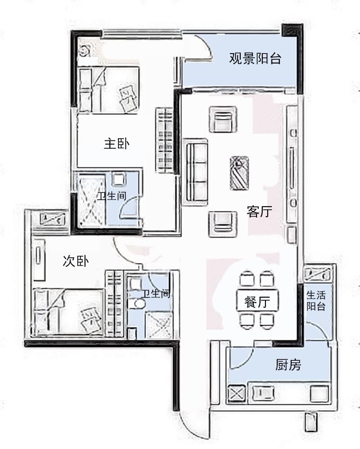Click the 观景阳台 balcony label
tap(255, 59)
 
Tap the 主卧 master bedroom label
tap(117, 144)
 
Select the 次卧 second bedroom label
tap(76, 261)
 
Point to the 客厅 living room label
tap(259, 212)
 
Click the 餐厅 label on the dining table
tap(256, 302)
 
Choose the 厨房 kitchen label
tap(288, 365)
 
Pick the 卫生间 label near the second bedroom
tap(156, 294)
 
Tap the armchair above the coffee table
tap(222, 119)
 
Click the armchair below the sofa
tap(222, 224)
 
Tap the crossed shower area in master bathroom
tap(92, 201)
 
